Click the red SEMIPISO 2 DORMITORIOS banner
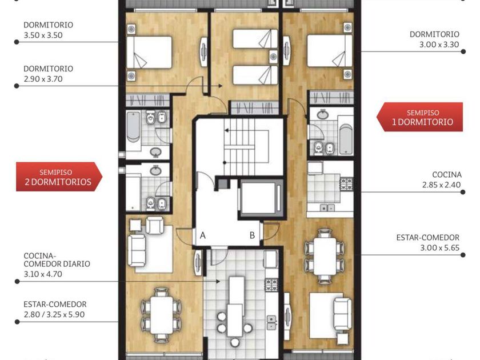[59, 177]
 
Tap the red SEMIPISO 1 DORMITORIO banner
[419, 117]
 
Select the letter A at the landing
[203, 235]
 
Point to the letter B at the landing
[252, 235]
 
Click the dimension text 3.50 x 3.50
[43, 35]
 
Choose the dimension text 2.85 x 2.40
[441, 185]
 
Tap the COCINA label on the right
[447, 174]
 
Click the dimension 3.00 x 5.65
[439, 247]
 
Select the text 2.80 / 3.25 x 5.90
[54, 314]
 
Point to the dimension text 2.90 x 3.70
[43, 79]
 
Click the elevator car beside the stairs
[261, 198]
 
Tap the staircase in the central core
[241, 147]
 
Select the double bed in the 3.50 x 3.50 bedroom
[149, 53]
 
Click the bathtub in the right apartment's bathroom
[346, 139]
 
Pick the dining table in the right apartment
[325, 256]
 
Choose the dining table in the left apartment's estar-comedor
[162, 315]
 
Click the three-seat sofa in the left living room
[137, 250]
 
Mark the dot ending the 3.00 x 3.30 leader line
[463, 52]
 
